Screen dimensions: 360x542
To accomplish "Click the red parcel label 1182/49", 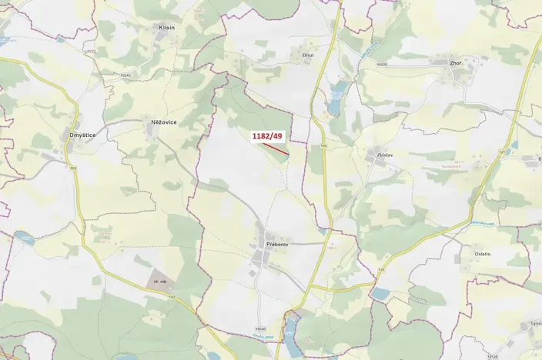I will point(268,136).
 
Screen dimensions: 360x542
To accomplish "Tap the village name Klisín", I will point(166,28).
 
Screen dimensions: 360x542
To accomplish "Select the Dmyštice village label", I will point(82,135).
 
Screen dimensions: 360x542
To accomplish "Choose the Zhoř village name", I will point(461,63).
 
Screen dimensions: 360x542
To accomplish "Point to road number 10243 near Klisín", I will point(125,74).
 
